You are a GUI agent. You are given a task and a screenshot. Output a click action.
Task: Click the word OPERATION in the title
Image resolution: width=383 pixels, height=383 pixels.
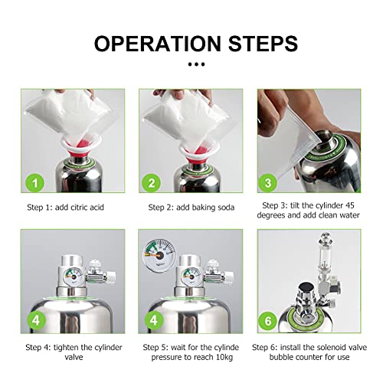pos(158,44)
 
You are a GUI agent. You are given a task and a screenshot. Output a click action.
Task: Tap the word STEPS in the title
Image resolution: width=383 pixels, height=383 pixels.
pos(263,44)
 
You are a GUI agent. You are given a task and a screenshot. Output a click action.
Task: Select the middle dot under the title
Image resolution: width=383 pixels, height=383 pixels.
pos(196,64)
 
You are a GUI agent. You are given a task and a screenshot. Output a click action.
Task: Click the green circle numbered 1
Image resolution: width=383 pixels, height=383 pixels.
pos(35,183)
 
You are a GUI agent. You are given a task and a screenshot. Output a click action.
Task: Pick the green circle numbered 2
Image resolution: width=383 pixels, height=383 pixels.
pos(152,183)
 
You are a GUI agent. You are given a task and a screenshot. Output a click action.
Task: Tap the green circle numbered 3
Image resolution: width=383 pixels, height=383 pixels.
pos(268,183)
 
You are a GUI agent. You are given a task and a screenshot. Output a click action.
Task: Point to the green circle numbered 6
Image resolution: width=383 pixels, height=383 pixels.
pos(268,321)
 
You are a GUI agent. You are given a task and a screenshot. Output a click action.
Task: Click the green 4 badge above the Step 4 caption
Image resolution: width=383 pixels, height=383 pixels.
pos(36,320)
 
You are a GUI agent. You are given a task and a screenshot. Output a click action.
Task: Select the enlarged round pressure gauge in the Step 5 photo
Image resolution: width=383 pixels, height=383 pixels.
pos(159,255)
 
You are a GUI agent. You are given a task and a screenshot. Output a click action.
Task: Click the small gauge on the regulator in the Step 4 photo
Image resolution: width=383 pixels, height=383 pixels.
pos(73,277)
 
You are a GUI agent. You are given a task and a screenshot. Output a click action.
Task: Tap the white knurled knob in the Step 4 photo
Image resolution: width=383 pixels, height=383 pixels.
pos(111,277)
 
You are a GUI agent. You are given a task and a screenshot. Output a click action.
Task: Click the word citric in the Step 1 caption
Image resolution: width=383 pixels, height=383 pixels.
pos(79,207)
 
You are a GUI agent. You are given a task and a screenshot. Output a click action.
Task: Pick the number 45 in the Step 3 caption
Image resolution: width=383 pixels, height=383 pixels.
pos(349,205)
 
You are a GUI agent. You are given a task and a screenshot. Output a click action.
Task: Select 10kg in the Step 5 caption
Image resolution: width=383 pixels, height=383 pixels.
pos(224,357)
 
